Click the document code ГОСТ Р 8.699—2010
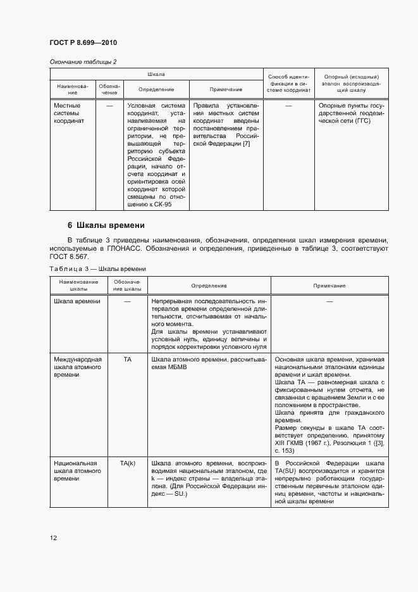tap(83, 42)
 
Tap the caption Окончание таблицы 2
tap(83, 61)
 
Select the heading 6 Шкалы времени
tap(106, 225)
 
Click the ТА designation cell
tap(127, 359)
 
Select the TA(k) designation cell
tap(127, 463)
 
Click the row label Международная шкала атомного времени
tap(75, 367)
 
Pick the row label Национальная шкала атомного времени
tap(75, 471)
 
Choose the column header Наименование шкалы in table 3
tap(78, 285)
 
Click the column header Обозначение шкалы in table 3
tap(127, 285)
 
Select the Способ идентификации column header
tap(288, 83)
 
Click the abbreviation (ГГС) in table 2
tap(360, 121)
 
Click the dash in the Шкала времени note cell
tap(329, 301)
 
